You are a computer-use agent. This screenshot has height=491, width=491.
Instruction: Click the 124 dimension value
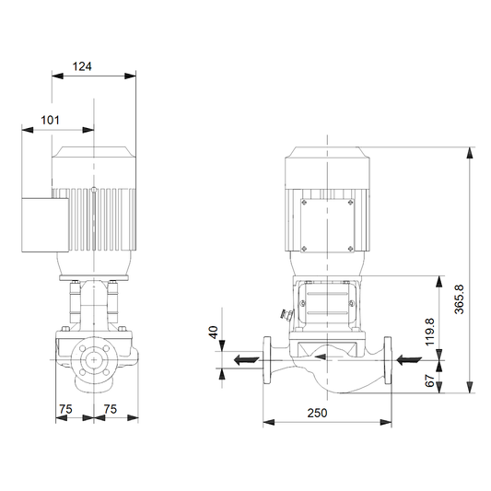coord(82,66)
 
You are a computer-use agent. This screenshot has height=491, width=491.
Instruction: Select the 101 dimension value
coord(50,120)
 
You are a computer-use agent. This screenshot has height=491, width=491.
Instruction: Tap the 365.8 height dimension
coord(459,299)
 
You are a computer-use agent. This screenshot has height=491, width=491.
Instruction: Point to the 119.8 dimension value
coord(430,332)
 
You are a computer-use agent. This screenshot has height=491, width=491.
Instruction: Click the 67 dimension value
coord(430,380)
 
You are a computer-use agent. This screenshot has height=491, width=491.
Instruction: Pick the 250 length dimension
coord(317,413)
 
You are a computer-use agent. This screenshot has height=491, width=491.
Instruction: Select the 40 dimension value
coord(213,333)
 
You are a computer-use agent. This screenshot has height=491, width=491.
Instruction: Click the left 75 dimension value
coord(65,409)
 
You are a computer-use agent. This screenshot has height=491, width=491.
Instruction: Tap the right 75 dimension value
coord(111,409)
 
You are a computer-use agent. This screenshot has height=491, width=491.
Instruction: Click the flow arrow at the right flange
coord(409,360)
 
